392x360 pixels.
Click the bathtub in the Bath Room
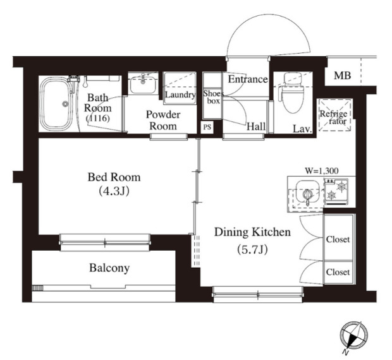[x=56, y=104]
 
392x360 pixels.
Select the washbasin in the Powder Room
[x=143, y=83]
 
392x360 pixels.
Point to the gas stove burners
[x=336, y=190]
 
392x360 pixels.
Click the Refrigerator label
[x=334, y=117]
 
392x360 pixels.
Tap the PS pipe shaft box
[x=207, y=127]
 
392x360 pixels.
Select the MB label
[x=343, y=75]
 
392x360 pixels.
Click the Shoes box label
[x=213, y=97]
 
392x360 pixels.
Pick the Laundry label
[x=180, y=95]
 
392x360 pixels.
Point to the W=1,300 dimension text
[x=322, y=171]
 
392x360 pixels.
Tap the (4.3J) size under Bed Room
[x=114, y=191]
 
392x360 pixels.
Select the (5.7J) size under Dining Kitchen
[x=252, y=249]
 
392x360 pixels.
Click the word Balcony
[x=109, y=268]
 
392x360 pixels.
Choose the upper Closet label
[x=338, y=239]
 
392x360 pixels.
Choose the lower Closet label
[x=338, y=272]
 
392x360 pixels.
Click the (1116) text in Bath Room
[x=98, y=118]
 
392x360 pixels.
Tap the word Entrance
[x=248, y=80]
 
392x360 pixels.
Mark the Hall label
[x=256, y=127]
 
